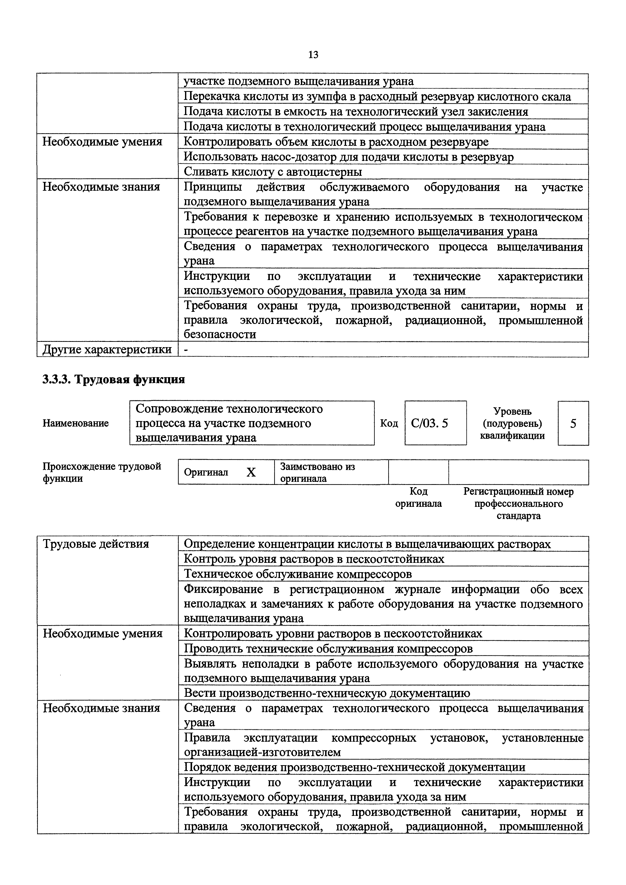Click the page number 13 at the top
313,55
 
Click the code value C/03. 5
429,424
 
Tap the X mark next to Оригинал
251,472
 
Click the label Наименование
75,423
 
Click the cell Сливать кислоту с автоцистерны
273,172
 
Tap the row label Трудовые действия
96,544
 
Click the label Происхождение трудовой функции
101,472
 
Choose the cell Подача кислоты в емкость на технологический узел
356,112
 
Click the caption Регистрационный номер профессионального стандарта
518,503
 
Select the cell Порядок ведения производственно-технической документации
354,767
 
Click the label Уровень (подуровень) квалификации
512,424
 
